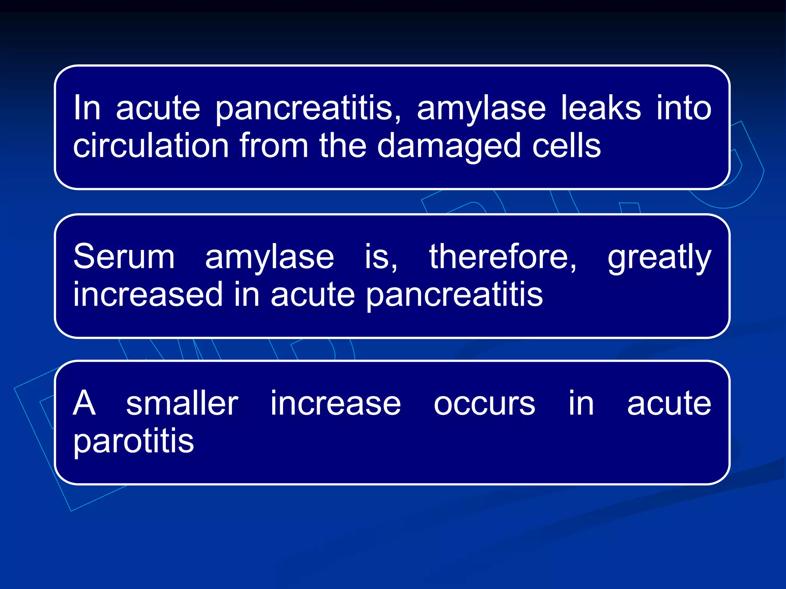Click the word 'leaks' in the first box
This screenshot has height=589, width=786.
point(601,109)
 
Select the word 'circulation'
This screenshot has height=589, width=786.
point(151,146)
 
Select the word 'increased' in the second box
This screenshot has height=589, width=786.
point(148,294)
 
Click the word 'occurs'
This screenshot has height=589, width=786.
point(484,404)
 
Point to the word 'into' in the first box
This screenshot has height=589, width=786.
point(684,109)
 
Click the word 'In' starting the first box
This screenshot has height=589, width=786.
point(87,108)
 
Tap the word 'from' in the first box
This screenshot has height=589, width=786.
point(274,146)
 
